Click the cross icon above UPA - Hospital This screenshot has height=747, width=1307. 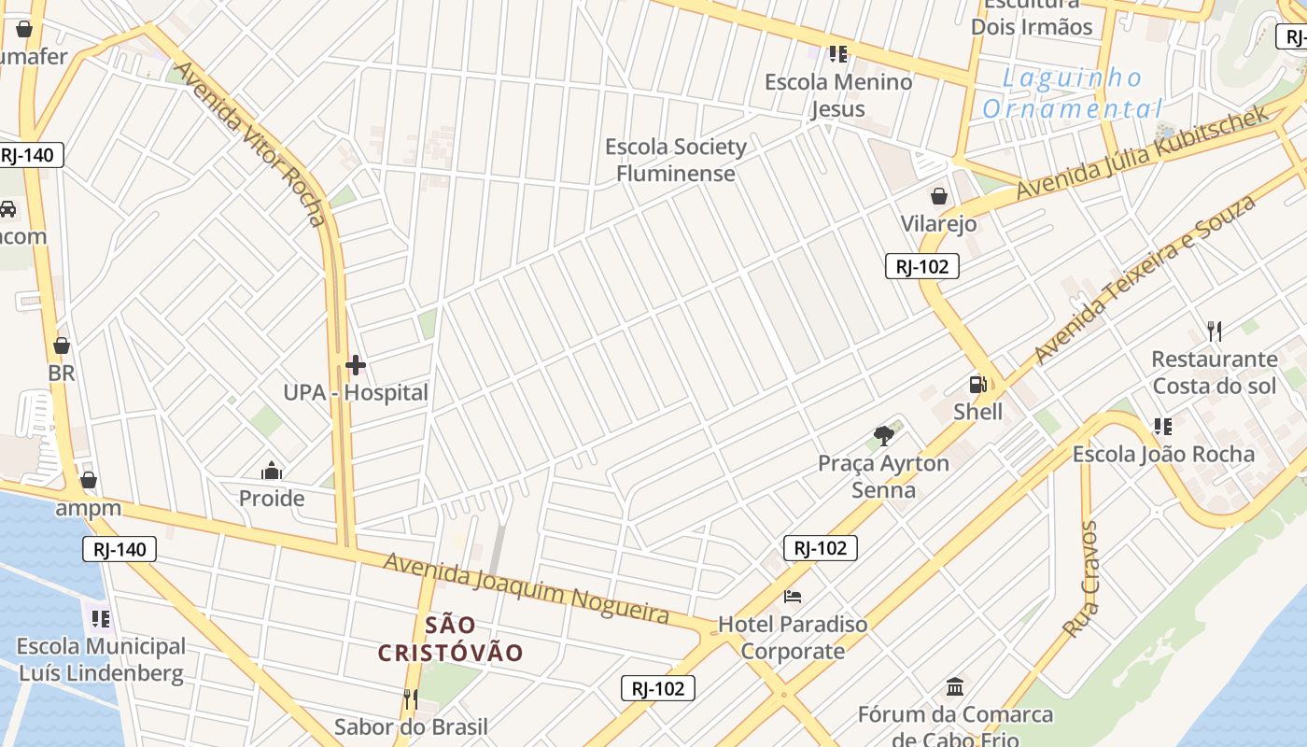pos(356,365)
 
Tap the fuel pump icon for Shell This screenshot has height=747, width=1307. pos(977,385)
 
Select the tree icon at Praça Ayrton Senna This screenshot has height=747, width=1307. pos(883,435)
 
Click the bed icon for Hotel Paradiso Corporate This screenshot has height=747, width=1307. pos(793,597)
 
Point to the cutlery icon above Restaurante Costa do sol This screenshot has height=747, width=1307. pos(1214,331)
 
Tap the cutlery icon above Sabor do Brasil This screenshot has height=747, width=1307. pos(410,698)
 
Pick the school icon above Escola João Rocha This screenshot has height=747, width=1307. pos(1162,427)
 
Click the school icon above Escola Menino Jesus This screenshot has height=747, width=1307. pos(837,54)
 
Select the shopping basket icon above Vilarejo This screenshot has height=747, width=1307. pos(938,196)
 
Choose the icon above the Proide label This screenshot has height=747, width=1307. pos(272,471)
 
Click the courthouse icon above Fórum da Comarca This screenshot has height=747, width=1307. pos(955,687)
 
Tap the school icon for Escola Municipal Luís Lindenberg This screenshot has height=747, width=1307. pos(101,618)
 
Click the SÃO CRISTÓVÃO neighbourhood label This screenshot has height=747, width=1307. pos(451,639)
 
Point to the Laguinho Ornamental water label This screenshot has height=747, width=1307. pos(1073,93)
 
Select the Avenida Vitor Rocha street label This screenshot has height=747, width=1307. pos(251,144)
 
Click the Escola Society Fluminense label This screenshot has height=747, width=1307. pos(676,160)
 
